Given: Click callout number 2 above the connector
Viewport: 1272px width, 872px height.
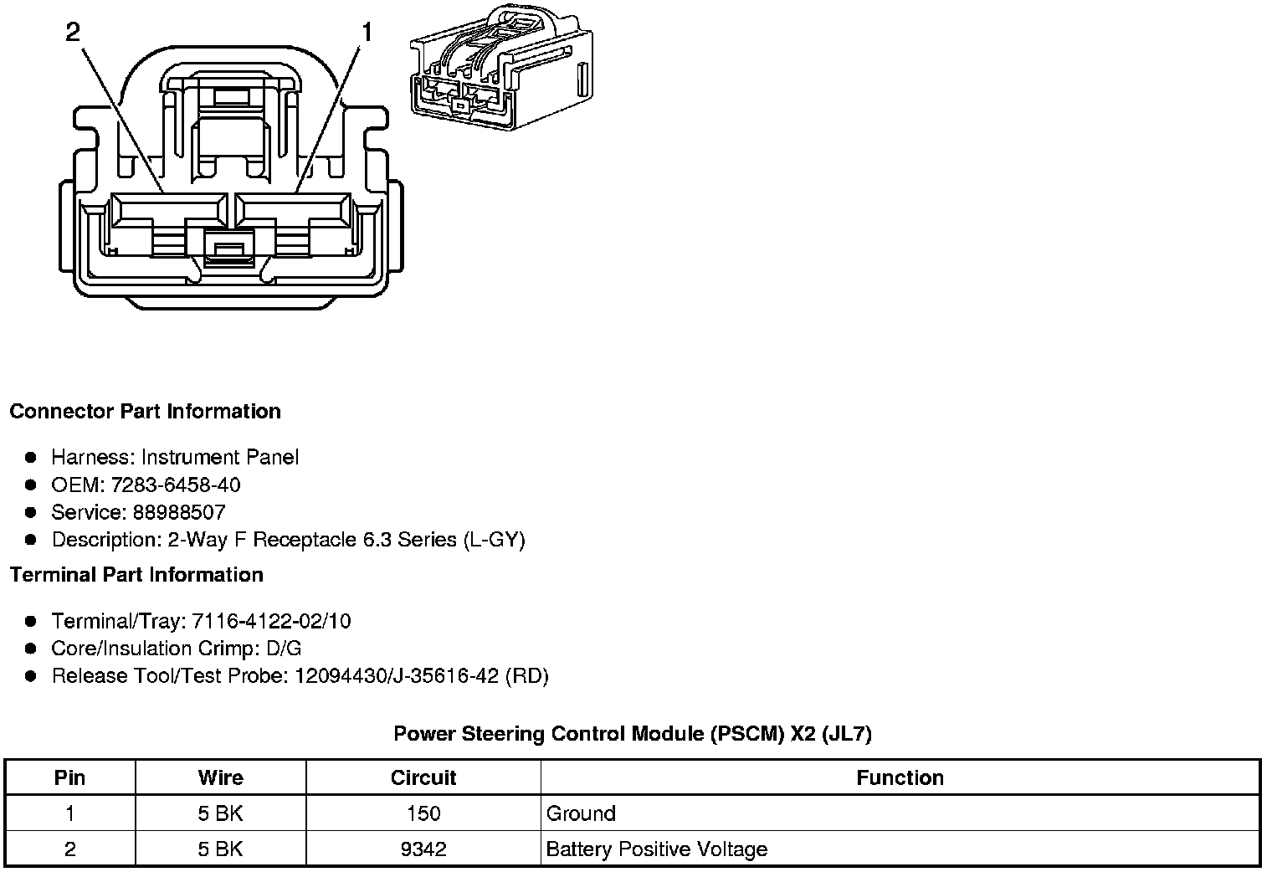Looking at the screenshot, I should [73, 33].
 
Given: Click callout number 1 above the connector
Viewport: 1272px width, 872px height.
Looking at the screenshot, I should [367, 33].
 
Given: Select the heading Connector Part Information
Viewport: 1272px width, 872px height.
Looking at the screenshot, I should [145, 412].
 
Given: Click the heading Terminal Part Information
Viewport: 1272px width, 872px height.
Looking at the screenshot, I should [136, 575].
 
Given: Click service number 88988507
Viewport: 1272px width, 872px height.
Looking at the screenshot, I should [178, 512].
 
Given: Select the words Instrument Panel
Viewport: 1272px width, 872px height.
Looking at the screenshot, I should [219, 457].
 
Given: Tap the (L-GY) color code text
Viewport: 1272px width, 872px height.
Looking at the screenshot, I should [494, 540].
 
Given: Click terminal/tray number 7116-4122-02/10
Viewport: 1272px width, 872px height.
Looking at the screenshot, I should [271, 621].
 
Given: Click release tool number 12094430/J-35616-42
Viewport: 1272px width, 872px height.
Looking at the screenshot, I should [397, 676].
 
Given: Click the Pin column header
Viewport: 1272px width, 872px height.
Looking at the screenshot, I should [69, 777].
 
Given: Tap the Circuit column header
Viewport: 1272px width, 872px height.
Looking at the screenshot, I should [423, 777].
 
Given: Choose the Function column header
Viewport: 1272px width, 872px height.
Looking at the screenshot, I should [900, 777].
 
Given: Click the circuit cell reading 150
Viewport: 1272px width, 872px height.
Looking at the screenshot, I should [423, 813].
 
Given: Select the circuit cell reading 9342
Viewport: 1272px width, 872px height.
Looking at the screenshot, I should [423, 849].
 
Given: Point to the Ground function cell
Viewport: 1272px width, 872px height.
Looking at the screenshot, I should [581, 813].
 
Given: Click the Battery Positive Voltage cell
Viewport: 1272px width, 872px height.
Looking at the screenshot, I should [656, 849].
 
